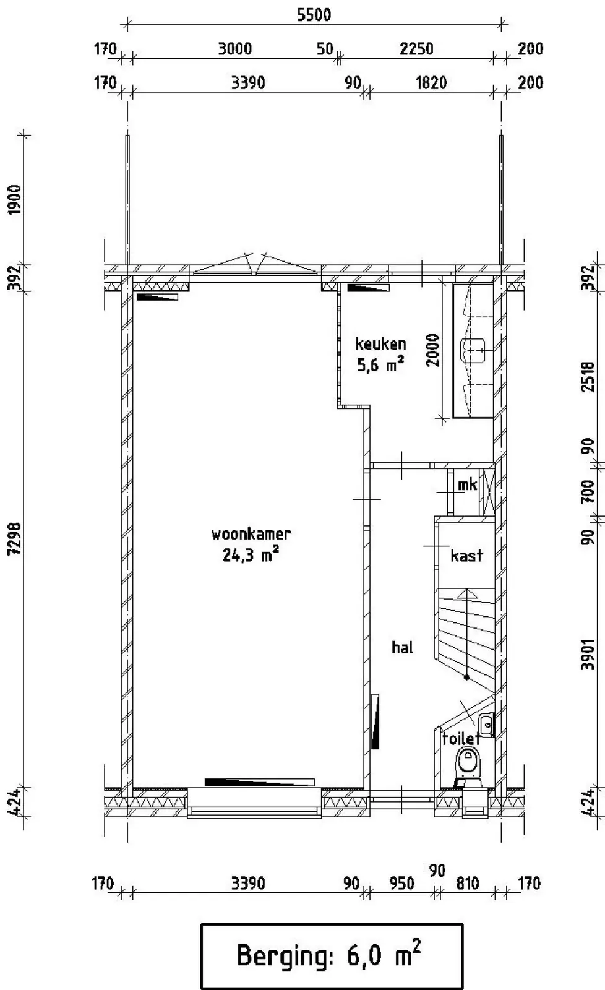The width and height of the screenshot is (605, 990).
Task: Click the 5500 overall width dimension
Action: [x=314, y=15]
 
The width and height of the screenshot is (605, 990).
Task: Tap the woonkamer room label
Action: [x=251, y=534]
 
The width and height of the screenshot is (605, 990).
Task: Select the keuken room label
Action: [x=380, y=344]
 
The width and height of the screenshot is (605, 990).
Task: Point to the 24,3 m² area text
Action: [x=251, y=554]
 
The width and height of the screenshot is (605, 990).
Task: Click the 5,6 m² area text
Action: [x=380, y=364]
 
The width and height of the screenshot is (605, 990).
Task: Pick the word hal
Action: [x=402, y=647]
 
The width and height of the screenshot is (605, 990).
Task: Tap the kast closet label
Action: [x=466, y=555]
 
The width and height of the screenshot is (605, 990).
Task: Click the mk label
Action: [x=468, y=485]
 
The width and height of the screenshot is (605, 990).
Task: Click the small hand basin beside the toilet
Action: [x=487, y=725]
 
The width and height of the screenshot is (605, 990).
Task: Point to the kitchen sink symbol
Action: [x=473, y=350]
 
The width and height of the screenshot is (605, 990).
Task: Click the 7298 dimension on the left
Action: [x=15, y=538]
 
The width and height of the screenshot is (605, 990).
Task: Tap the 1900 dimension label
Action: [x=15, y=200]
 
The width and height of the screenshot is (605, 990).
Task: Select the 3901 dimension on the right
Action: [x=588, y=654]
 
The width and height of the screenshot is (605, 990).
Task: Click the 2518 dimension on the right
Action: [x=588, y=377]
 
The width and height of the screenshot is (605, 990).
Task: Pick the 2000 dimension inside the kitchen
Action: [x=433, y=350]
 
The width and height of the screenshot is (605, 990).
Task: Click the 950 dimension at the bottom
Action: [x=401, y=884]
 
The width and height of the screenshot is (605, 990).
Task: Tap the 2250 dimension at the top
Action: [x=416, y=49]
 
